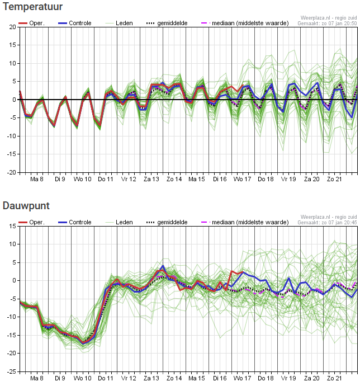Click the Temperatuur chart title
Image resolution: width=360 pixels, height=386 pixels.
click(x=32, y=7)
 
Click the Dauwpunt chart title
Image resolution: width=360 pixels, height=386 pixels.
click(x=26, y=206)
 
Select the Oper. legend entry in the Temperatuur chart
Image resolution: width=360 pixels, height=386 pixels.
click(x=31, y=23)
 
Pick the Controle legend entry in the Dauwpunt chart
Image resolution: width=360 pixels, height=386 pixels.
click(x=75, y=222)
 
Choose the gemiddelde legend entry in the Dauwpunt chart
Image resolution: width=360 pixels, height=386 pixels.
click(x=167, y=222)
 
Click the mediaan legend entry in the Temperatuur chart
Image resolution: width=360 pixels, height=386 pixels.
click(x=245, y=23)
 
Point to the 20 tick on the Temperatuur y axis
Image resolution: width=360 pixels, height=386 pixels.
click(x=12, y=27)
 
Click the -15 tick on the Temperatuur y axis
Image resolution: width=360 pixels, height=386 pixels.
click(x=11, y=154)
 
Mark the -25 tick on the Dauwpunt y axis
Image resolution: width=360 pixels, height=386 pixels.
click(x=11, y=371)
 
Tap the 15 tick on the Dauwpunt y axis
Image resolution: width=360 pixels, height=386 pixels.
click(x=12, y=226)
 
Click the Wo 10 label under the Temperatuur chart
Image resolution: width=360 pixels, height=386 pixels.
click(x=82, y=179)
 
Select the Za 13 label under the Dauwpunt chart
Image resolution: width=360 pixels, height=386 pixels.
click(x=151, y=378)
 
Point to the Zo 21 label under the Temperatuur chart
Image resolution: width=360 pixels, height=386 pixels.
click(x=334, y=179)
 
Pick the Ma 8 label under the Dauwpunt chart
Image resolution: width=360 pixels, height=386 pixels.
click(x=37, y=378)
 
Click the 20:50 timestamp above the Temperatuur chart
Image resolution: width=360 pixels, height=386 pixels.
click(x=350, y=23)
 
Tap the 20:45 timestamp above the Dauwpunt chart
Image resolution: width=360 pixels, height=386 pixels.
click(x=350, y=223)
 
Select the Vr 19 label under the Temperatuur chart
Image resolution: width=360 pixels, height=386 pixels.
click(x=288, y=179)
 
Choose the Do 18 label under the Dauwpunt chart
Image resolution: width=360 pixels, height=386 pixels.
click(x=266, y=378)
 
